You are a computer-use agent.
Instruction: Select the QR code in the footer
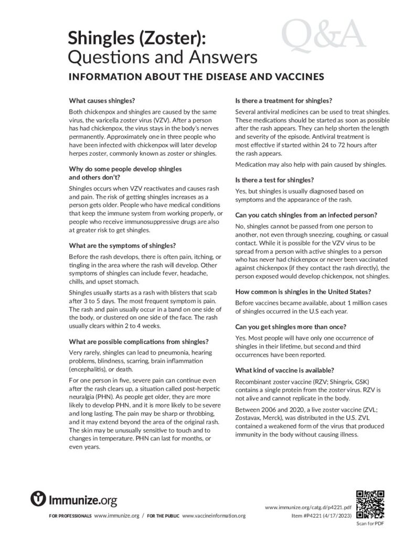370,504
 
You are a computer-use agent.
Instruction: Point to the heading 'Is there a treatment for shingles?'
284,100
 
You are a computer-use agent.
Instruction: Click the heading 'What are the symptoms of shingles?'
122,245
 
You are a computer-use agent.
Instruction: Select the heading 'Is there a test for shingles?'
274,179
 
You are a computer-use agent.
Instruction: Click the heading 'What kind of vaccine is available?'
284,370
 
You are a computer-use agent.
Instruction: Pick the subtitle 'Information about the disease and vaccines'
196,77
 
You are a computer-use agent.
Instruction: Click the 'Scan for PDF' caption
370,523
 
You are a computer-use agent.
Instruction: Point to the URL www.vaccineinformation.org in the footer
214,516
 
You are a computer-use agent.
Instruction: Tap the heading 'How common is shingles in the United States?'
304,292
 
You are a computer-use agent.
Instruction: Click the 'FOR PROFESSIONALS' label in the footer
70,516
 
